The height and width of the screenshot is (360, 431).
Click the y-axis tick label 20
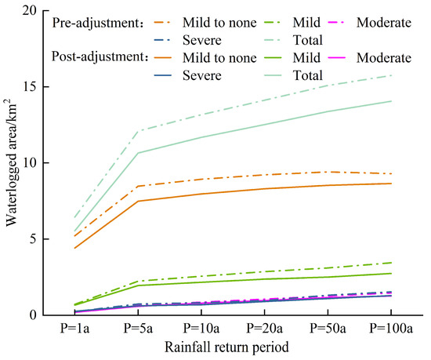[x=31, y=12]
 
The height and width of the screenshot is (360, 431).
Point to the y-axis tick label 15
[x=31, y=87]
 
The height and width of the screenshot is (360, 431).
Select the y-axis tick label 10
[x=31, y=163]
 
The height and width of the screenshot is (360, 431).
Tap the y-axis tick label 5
[x=34, y=239]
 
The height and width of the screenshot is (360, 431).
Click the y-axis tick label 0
[x=34, y=315]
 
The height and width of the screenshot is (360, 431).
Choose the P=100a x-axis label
[x=390, y=328]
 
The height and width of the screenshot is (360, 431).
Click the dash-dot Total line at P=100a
[x=390, y=75]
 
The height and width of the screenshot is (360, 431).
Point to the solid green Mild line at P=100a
[x=390, y=274]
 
